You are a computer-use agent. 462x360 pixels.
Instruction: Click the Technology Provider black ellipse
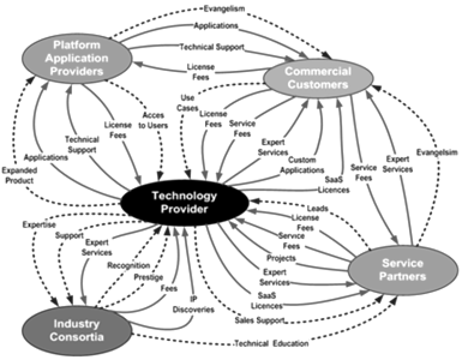(x=184, y=203)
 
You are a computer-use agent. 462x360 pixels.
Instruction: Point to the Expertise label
(x=34, y=224)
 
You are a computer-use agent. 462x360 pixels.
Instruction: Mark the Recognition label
(x=128, y=265)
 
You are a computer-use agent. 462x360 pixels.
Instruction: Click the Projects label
(x=280, y=257)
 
